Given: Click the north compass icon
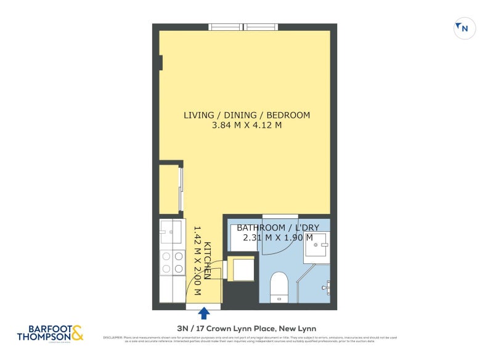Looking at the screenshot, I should (x=464, y=28).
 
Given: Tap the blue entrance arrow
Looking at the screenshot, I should (x=203, y=313).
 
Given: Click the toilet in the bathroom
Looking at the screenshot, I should (x=280, y=287).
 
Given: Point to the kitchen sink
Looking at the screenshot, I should (x=170, y=232).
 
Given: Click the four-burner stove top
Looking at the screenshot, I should (x=171, y=263).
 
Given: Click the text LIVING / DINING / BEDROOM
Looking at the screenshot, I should (x=246, y=115).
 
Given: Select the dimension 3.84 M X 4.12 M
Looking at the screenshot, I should (x=246, y=126).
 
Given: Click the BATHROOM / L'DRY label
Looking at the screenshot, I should (x=275, y=228).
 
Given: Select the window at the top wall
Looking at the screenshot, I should (x=243, y=27).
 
